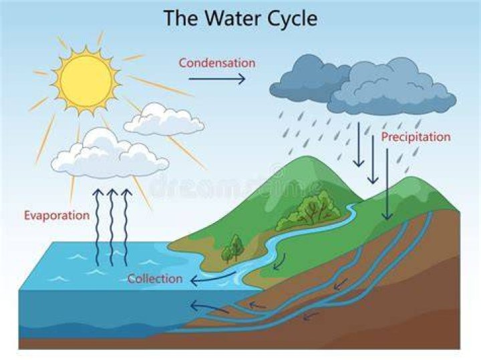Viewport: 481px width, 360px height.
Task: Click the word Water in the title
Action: point(232,18)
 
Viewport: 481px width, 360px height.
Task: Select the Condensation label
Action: point(217,63)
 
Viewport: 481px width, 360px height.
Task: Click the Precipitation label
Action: point(416,137)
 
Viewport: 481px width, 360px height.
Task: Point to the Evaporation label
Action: point(57,216)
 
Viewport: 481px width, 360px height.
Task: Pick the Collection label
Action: point(155,279)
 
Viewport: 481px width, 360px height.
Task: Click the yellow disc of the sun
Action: point(86,81)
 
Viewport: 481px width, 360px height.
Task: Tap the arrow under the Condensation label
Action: point(217,79)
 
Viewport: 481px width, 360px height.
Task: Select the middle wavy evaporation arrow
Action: point(112,228)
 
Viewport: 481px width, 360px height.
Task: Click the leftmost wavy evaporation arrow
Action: point(98,228)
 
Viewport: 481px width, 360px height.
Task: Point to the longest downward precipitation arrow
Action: point(387,184)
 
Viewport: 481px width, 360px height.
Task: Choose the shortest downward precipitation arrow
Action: point(358,144)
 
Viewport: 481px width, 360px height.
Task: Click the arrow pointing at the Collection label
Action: point(212,278)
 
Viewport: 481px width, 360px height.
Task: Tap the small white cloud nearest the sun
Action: point(164,120)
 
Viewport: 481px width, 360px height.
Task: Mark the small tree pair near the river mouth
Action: point(233,249)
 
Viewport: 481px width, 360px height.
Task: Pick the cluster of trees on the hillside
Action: point(308,210)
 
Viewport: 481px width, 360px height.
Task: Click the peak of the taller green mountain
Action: point(309,157)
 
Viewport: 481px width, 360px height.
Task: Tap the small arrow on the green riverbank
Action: point(280,262)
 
